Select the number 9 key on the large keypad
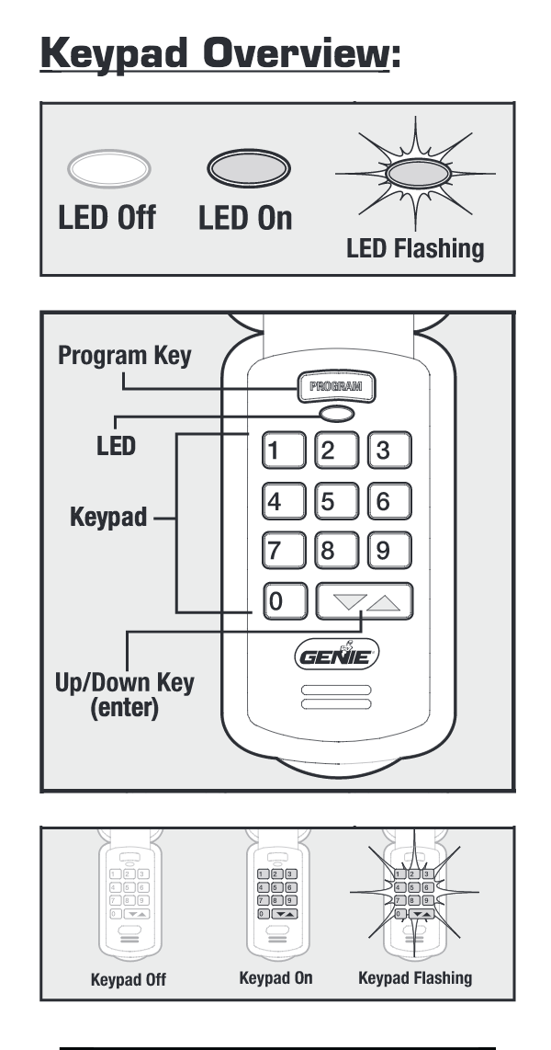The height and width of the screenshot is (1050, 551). click(x=388, y=552)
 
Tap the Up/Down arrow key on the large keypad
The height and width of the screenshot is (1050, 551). click(x=364, y=602)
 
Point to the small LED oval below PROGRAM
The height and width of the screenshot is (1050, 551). click(x=334, y=415)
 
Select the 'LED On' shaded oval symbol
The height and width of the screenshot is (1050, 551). click(x=247, y=170)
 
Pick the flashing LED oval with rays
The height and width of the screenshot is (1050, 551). click(x=415, y=173)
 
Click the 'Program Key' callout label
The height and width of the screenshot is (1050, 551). click(x=125, y=357)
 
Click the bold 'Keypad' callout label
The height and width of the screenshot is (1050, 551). click(x=108, y=517)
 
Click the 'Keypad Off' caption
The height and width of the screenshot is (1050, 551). click(x=129, y=979)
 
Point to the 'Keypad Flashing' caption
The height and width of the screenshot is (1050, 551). click(x=415, y=977)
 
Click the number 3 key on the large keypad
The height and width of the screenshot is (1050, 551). click(x=388, y=451)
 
